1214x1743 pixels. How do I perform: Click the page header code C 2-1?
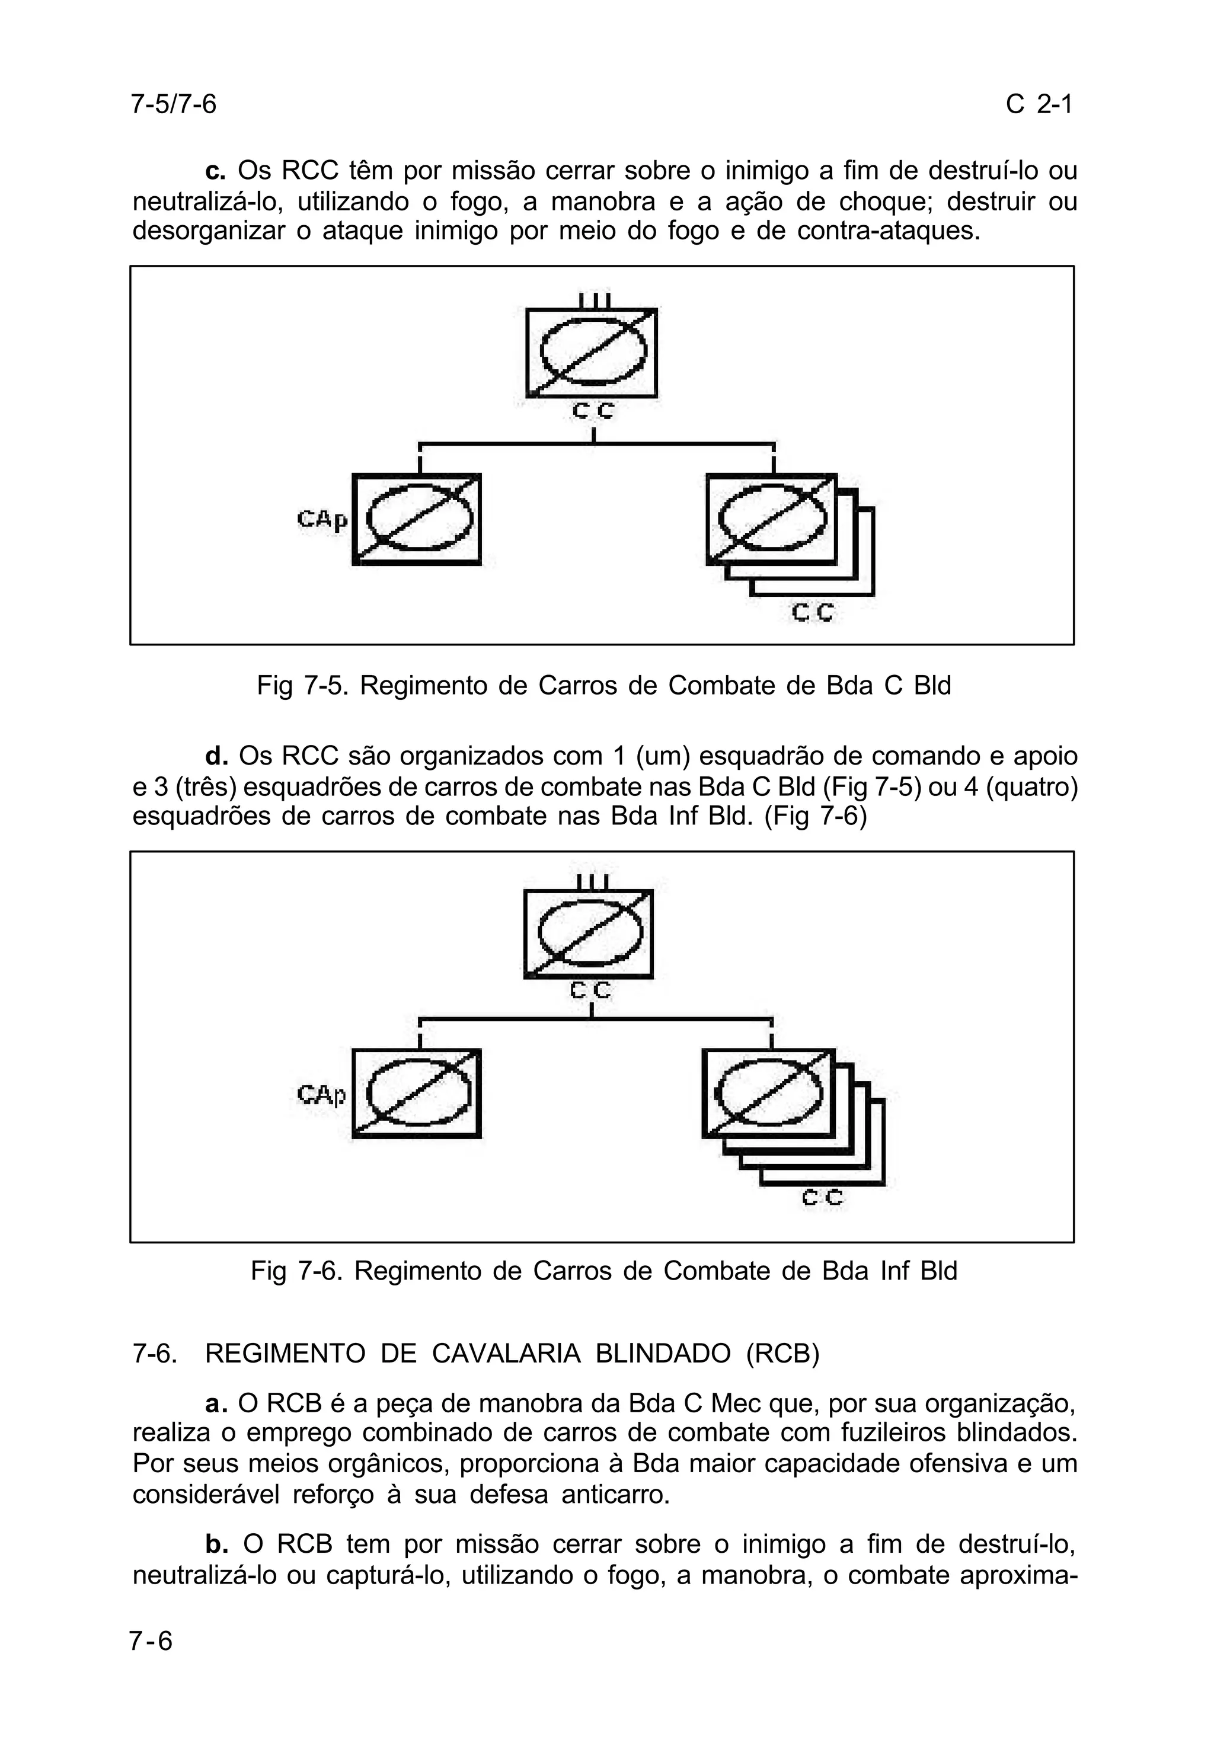(1038, 104)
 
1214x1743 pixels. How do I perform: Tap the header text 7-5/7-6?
(174, 104)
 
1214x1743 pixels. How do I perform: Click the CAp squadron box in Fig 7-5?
(417, 519)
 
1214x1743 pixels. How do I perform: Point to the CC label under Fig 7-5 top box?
(592, 411)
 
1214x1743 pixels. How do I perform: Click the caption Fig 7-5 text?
(603, 686)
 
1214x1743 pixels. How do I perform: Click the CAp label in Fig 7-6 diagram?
(321, 1095)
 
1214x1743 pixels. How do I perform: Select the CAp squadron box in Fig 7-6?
(417, 1093)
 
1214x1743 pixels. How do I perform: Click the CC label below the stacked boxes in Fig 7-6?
(822, 1197)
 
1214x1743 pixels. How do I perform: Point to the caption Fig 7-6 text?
(603, 1271)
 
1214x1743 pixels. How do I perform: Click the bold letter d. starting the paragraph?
(216, 756)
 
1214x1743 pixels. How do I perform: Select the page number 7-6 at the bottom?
(151, 1641)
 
